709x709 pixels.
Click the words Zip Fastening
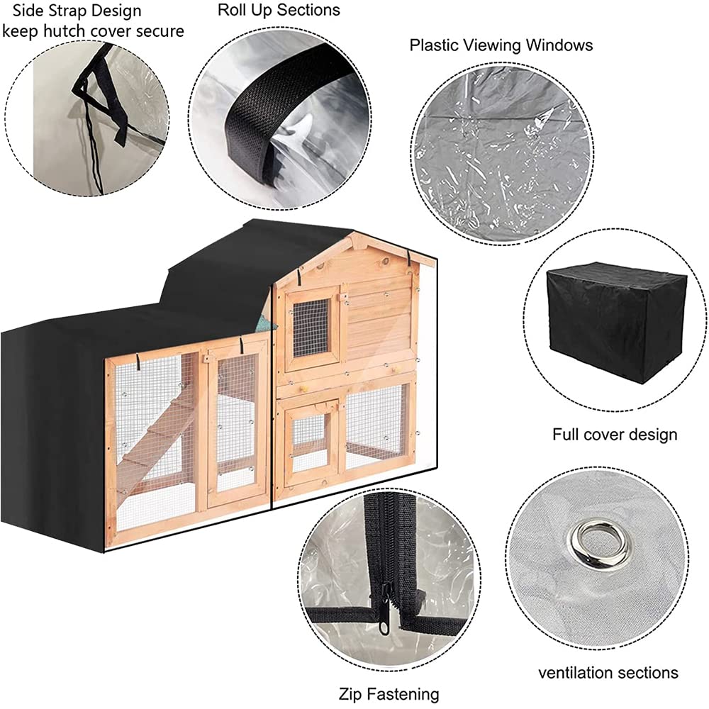point(389,693)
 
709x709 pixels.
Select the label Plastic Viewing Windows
point(501,45)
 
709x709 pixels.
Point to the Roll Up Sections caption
point(279,10)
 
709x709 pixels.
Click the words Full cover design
point(615,435)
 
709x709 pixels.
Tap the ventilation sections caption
point(608,672)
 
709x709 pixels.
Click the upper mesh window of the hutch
point(311,328)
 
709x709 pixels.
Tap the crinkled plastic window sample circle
point(502,154)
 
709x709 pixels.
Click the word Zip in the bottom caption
point(350,694)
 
